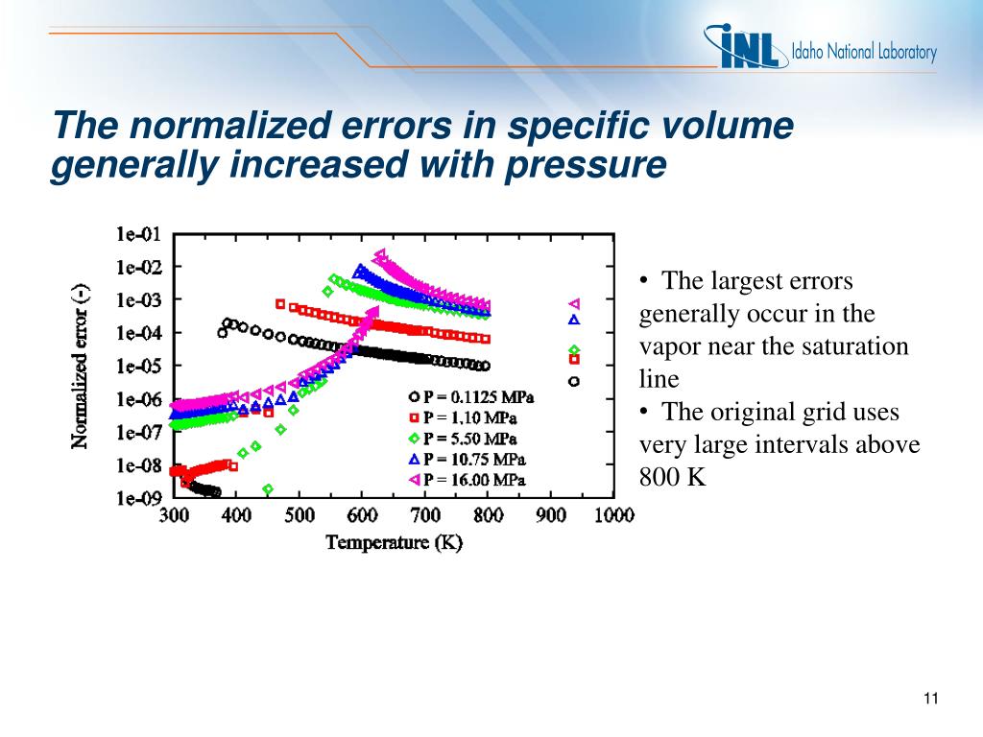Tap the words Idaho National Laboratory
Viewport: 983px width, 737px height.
(x=863, y=52)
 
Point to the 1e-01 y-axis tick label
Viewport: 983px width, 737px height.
(x=139, y=233)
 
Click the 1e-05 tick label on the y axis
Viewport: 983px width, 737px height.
(x=139, y=366)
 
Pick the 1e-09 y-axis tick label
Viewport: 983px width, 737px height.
(x=139, y=498)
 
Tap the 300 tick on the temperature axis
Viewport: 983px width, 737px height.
(x=174, y=515)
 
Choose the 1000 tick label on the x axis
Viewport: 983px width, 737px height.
(x=613, y=515)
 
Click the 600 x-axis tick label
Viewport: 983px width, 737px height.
(x=362, y=515)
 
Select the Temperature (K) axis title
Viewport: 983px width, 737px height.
(x=394, y=543)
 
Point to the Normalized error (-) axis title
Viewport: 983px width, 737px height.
(x=81, y=366)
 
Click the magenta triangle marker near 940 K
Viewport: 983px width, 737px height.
(x=574, y=303)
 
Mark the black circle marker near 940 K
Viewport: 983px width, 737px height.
(x=574, y=381)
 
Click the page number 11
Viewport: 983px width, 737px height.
(x=929, y=698)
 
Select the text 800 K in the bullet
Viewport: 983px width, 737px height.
(x=672, y=477)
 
